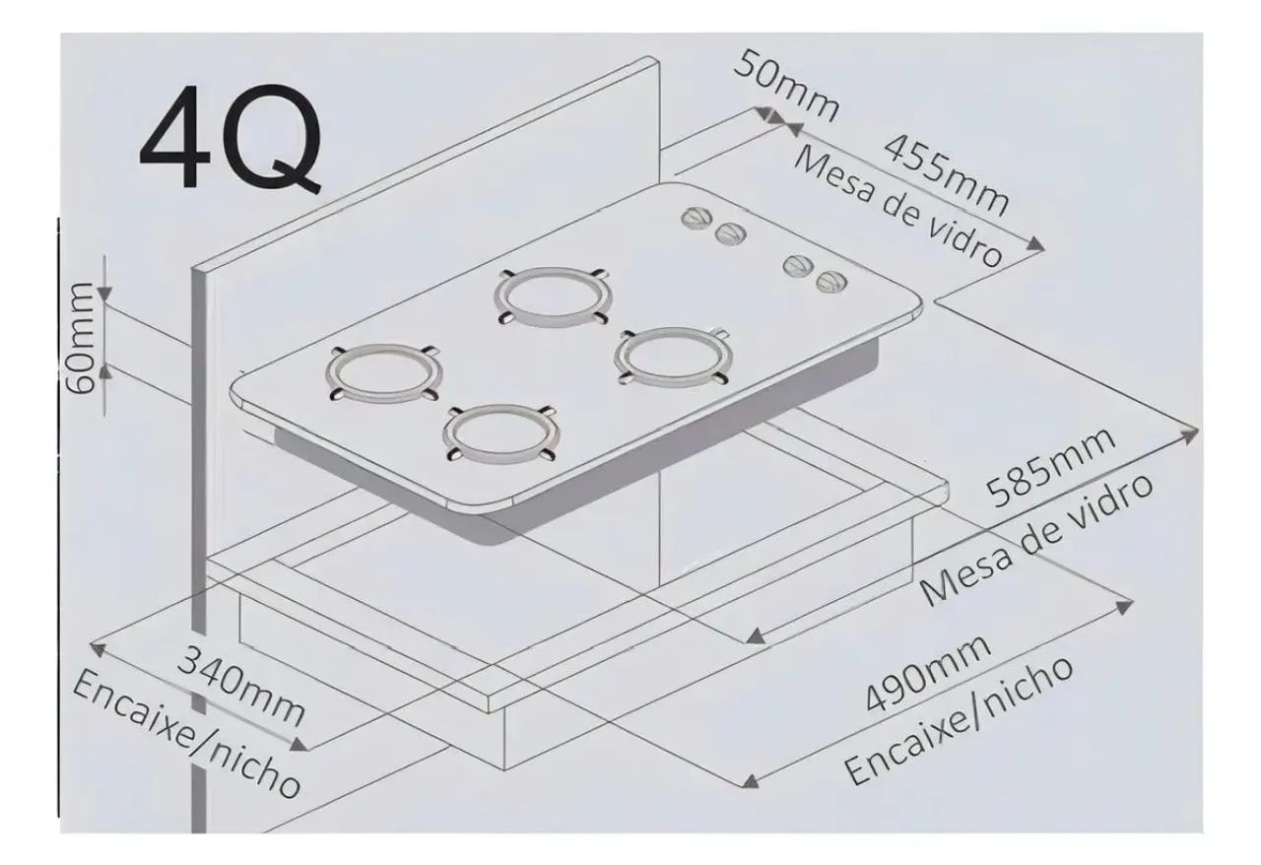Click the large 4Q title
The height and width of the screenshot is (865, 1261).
coord(232,138)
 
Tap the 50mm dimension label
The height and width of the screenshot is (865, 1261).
coord(786,86)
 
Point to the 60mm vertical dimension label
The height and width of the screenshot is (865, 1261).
coord(80,338)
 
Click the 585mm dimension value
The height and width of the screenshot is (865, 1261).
coord(1050,466)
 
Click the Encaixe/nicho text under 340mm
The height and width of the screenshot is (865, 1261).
coord(187,735)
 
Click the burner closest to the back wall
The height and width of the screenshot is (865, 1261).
coord(553,298)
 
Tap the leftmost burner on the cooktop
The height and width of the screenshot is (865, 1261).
coord(383,374)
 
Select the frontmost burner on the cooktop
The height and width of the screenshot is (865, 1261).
coord(500,433)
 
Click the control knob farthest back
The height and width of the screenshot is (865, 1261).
coord(697,218)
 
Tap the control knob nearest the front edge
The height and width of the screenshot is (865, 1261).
coord(831,282)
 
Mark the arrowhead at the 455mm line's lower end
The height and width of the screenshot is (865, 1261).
coord(1034,244)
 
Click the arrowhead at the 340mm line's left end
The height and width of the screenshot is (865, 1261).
coord(98,648)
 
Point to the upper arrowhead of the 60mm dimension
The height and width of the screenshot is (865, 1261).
coord(104,293)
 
